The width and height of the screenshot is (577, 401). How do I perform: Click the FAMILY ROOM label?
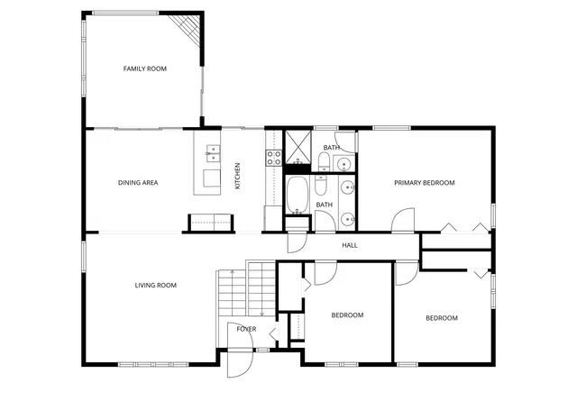145,68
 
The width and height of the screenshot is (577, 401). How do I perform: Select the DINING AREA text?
138,183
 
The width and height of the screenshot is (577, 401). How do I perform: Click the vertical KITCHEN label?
238,175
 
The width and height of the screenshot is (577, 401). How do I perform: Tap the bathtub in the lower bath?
298,192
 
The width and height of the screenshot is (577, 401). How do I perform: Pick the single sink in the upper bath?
343,163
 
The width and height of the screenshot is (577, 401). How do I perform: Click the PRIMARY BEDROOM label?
425,183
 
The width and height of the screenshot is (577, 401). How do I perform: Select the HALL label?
350,245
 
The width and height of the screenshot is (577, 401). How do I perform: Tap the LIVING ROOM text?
155,286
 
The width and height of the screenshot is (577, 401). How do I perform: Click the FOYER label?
246,329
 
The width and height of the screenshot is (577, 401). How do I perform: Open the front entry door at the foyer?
240,359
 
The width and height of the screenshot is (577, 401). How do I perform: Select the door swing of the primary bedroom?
402,219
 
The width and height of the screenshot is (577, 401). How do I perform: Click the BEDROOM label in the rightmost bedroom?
442,318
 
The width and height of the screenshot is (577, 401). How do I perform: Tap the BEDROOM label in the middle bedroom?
347,315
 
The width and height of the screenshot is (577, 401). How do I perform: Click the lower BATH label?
325,205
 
